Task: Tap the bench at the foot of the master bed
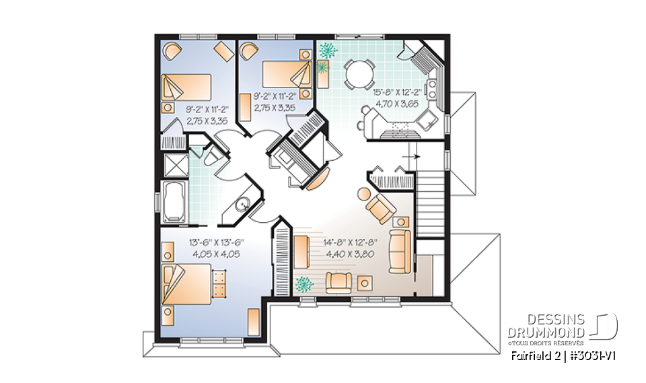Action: (x=219, y=283)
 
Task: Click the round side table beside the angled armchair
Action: (x=363, y=193)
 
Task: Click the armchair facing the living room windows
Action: (x=336, y=281)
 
